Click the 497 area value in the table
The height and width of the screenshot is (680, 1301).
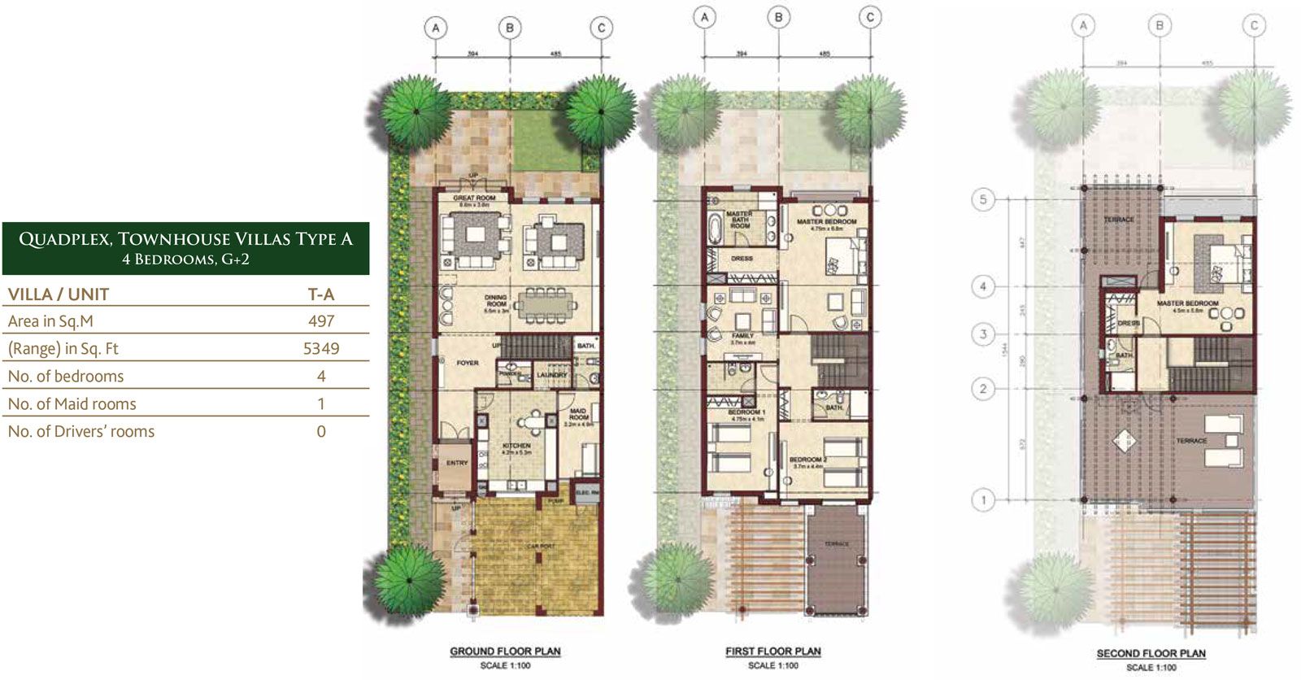click(x=321, y=321)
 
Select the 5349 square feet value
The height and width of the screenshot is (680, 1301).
click(x=321, y=349)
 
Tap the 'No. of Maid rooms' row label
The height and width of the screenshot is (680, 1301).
click(x=72, y=404)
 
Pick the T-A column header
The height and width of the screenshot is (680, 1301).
click(x=321, y=294)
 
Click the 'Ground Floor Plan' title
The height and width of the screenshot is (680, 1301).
click(x=505, y=652)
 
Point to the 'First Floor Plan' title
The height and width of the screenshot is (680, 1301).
click(x=773, y=652)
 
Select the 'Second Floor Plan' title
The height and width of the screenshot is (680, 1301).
click(x=1151, y=653)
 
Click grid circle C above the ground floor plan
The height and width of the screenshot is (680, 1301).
click(x=601, y=28)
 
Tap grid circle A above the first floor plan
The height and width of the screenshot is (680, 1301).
click(x=705, y=17)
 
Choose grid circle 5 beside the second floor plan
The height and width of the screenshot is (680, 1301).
click(x=983, y=199)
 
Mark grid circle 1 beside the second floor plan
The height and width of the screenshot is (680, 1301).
click(x=983, y=499)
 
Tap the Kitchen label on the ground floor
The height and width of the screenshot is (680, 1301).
click(x=516, y=446)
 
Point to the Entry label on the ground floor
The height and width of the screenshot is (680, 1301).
click(x=457, y=463)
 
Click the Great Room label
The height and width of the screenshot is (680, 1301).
click(x=474, y=198)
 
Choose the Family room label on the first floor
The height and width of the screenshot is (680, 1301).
click(x=742, y=336)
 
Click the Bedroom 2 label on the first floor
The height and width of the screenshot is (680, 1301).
click(x=807, y=460)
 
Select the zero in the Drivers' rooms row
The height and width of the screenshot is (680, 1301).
click(x=321, y=432)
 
